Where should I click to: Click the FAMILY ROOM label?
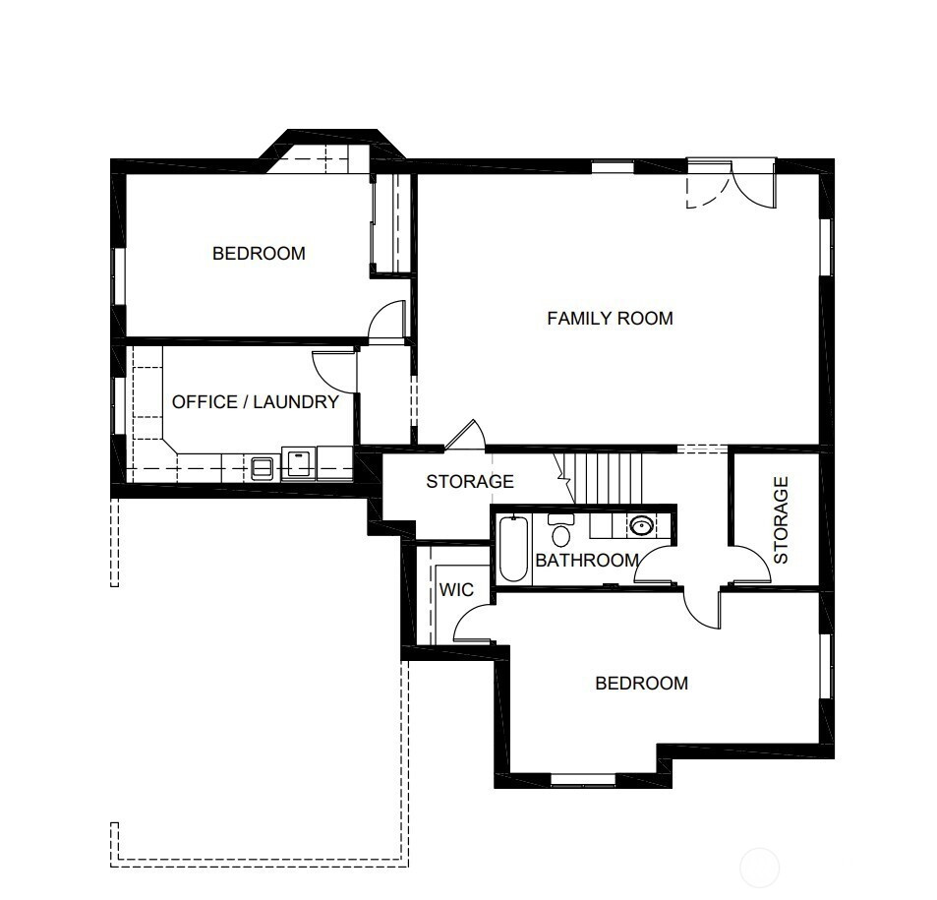611,318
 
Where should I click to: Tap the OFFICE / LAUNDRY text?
256,402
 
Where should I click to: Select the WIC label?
456,590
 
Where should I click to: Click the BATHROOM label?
587,561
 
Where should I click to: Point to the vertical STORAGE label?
781,519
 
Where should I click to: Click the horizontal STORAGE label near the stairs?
470,481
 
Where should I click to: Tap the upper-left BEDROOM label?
259,254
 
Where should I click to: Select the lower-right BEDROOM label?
642,683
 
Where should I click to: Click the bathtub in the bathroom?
513,549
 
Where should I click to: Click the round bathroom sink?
641,526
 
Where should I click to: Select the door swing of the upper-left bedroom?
386,321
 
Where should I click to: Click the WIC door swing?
473,624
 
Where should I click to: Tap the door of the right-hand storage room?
750,563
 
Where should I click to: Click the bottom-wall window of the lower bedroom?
583,779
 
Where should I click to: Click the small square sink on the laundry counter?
263,467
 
